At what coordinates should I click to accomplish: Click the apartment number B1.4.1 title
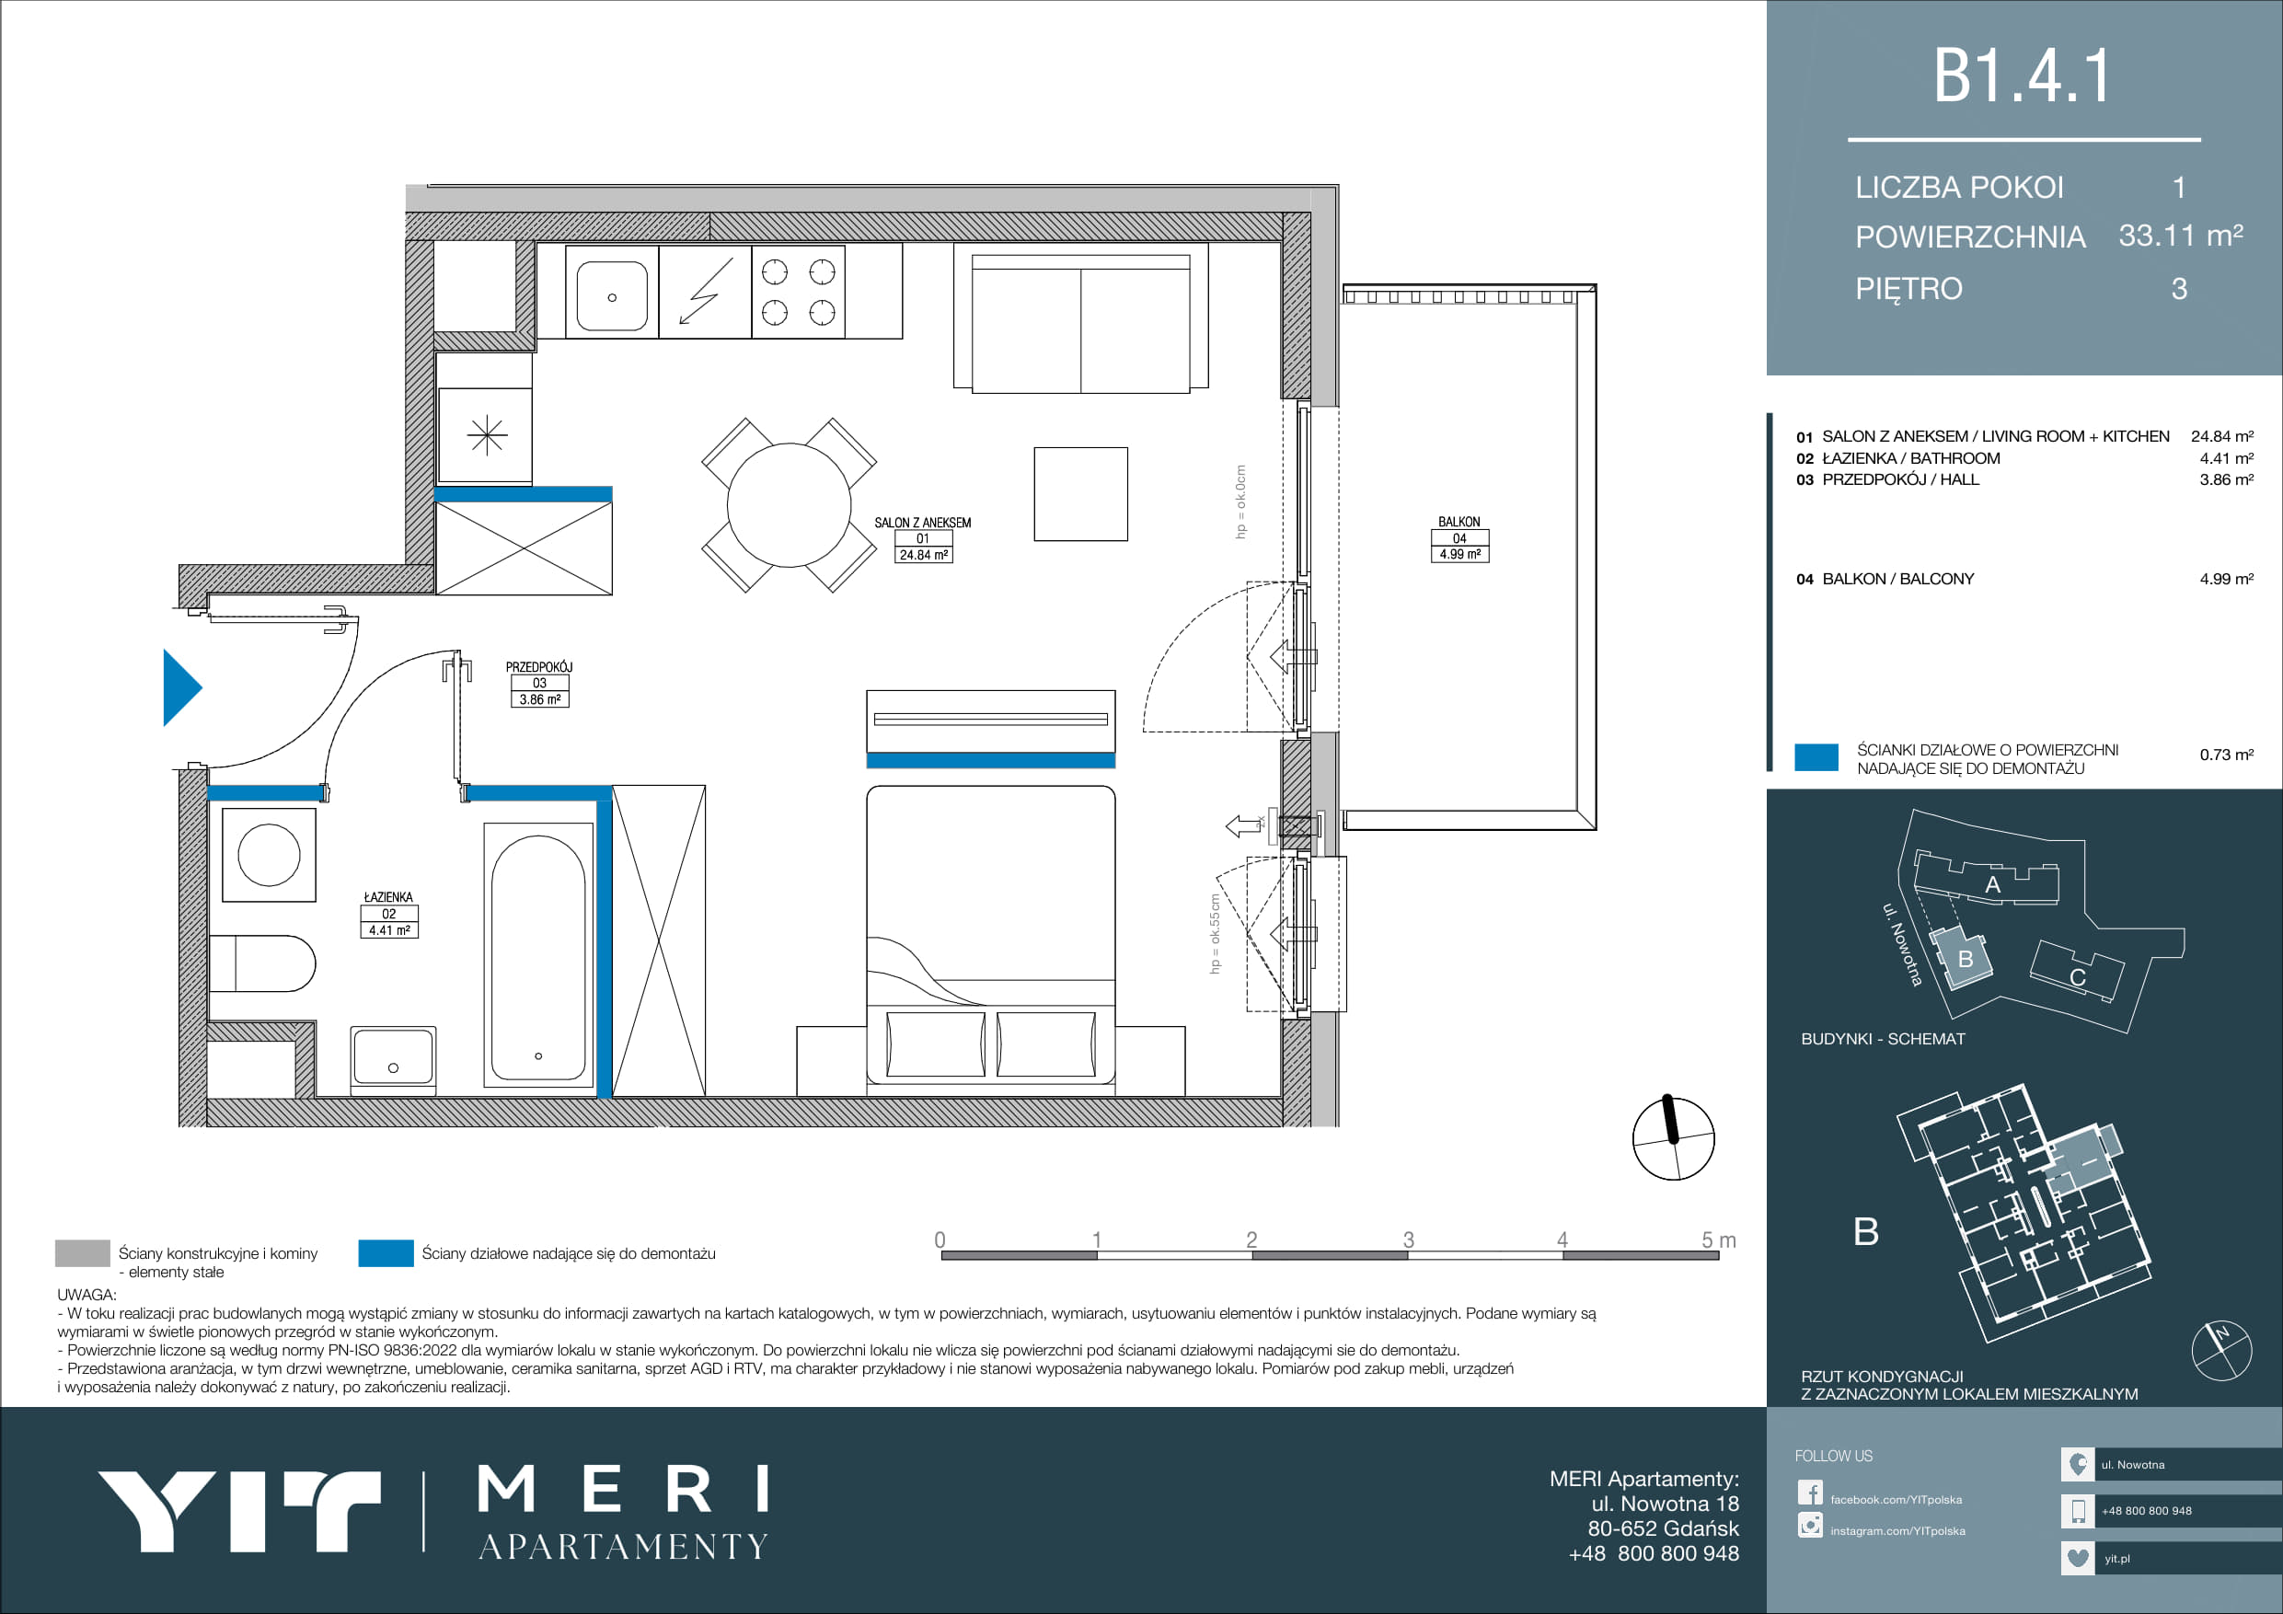click(2022, 75)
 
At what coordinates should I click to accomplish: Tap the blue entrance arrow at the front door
click(182, 687)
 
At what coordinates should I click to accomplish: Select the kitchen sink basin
click(612, 295)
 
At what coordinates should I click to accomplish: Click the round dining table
click(789, 504)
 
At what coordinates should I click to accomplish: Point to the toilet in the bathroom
click(261, 963)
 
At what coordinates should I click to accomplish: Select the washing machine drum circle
click(269, 854)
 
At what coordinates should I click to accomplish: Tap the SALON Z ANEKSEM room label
click(923, 522)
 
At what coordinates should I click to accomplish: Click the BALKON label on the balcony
click(1459, 521)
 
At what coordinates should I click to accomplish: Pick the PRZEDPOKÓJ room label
click(539, 666)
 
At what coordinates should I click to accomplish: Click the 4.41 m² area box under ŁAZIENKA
click(389, 929)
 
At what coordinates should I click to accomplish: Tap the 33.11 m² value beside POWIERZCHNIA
click(2181, 236)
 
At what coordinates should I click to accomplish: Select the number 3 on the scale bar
click(1408, 1239)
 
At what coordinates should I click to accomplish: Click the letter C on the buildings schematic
click(2077, 977)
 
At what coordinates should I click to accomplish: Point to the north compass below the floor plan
click(1674, 1137)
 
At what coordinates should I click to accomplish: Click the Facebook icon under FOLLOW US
click(1810, 1493)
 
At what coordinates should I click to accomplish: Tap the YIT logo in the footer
click(238, 1511)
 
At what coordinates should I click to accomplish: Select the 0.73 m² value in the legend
click(2226, 755)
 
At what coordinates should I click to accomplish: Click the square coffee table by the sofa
click(1081, 494)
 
